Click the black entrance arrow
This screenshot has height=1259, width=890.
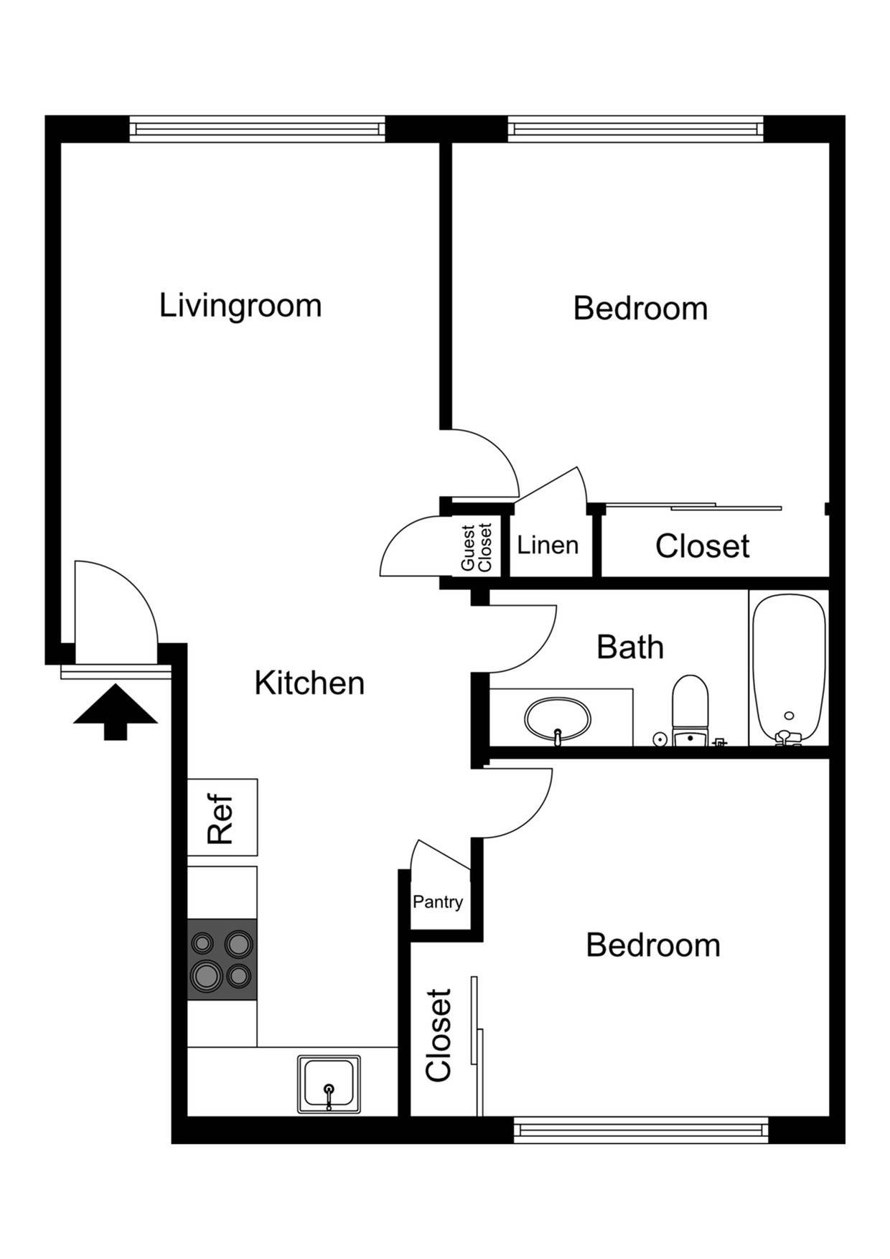point(115,711)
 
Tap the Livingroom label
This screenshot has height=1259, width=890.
point(240,305)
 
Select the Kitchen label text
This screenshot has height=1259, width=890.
point(309,683)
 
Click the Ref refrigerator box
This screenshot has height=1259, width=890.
point(222,818)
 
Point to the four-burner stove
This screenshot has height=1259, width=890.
point(222,960)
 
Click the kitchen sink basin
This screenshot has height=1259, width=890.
point(329,1083)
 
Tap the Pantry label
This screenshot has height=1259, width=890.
point(437,902)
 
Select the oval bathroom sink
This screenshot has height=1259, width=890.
point(558,719)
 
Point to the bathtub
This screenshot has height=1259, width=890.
point(789,668)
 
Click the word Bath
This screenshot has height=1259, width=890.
point(629,647)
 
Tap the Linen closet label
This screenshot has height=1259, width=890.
point(548,546)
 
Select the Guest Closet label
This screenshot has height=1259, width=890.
point(476,547)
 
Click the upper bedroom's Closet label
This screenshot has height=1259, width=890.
point(702,546)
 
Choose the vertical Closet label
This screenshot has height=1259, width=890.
point(439,1034)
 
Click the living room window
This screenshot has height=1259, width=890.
point(257,129)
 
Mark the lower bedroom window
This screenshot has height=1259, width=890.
point(641,1131)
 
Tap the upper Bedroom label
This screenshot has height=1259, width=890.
point(640,309)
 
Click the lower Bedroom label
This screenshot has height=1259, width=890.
point(652,945)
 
